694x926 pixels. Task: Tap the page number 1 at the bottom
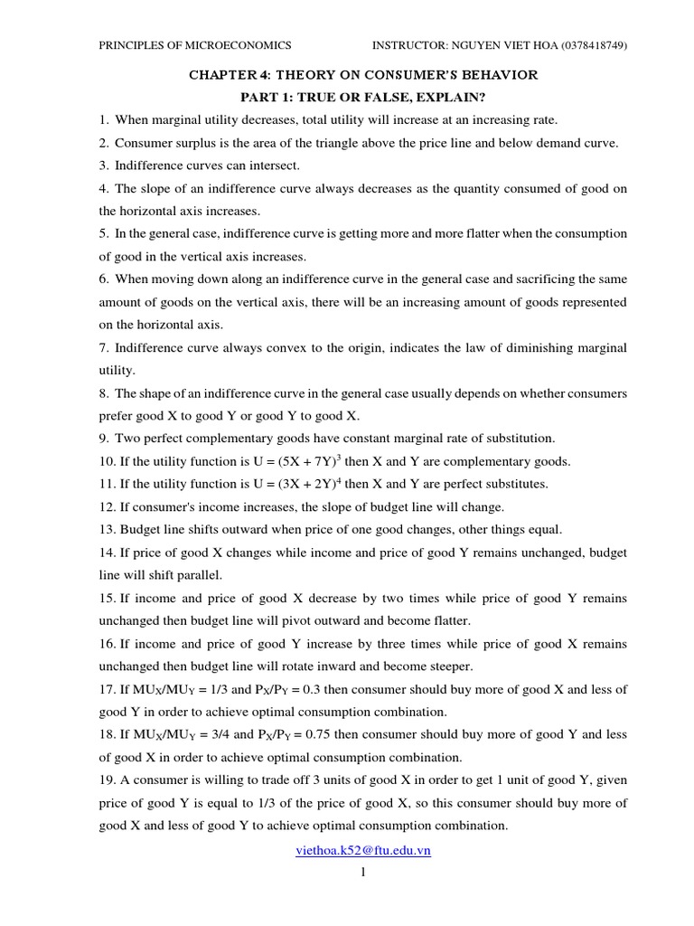coord(362,873)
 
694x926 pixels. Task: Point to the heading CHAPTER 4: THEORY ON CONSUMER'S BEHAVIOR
coord(362,75)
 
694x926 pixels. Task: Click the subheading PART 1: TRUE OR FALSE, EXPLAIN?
coord(362,98)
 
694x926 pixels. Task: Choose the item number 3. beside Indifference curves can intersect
coord(105,165)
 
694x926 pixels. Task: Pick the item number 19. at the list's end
coord(108,780)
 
